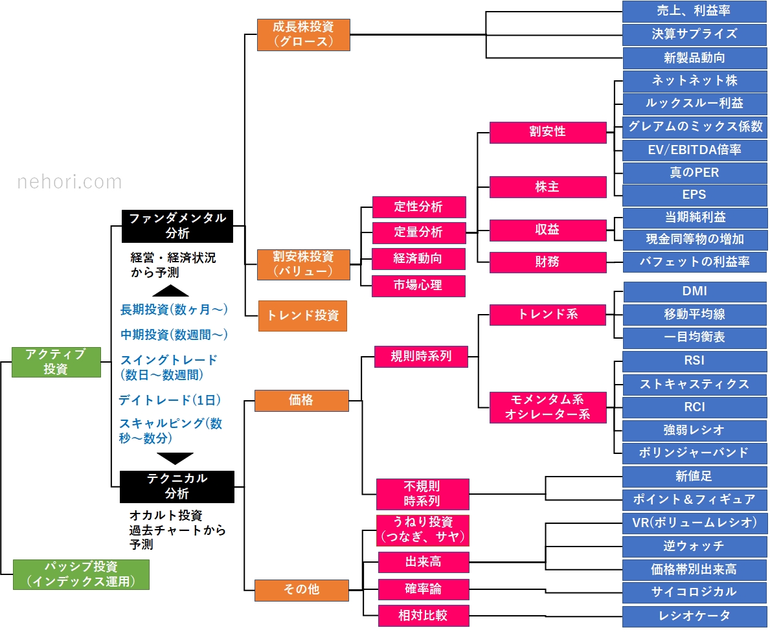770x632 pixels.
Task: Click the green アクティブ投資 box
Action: [56, 362]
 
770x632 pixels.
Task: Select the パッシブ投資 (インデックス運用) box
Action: [81, 574]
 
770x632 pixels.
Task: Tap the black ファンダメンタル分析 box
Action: [177, 225]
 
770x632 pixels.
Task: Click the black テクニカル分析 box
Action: [177, 486]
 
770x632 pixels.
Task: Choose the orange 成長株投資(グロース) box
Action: [303, 34]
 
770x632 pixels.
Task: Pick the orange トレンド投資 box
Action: [302, 316]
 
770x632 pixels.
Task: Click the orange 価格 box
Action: [301, 400]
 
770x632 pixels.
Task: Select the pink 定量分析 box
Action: [418, 232]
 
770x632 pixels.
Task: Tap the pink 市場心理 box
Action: [418, 286]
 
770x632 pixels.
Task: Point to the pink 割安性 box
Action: [547, 132]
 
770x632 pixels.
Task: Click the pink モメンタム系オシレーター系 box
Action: [547, 407]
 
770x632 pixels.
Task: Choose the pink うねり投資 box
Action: [422, 530]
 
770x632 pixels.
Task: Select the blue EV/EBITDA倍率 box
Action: [694, 150]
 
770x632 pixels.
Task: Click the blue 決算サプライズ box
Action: [694, 34]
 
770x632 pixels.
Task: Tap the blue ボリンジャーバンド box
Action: [694, 453]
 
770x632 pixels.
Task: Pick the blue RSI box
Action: [694, 361]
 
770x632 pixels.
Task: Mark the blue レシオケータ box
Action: [694, 615]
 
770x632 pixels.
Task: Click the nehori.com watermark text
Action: [69, 183]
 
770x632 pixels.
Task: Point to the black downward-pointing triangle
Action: [176, 458]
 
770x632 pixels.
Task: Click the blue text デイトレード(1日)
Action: [170, 400]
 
